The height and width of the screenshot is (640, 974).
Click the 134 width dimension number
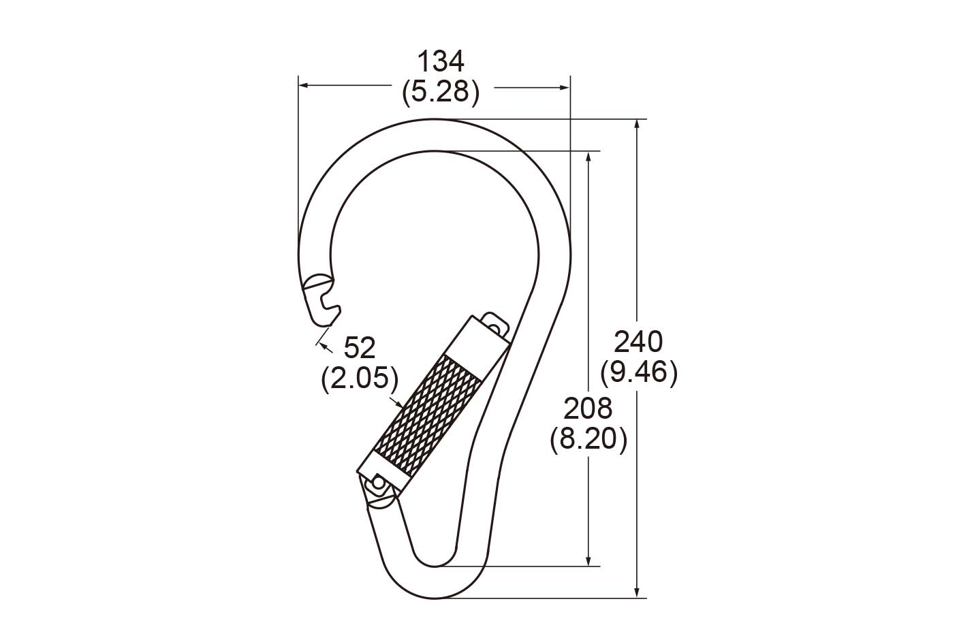pos(441,61)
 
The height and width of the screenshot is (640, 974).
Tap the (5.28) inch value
pos(441,93)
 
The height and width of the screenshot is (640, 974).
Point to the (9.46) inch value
pos(639,372)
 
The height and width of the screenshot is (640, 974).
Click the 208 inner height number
pos(588,409)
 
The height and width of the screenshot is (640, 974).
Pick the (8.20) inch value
pos(588,440)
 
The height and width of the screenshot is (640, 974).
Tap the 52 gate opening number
pos(359,348)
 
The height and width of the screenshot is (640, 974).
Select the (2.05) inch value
pos(360,379)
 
